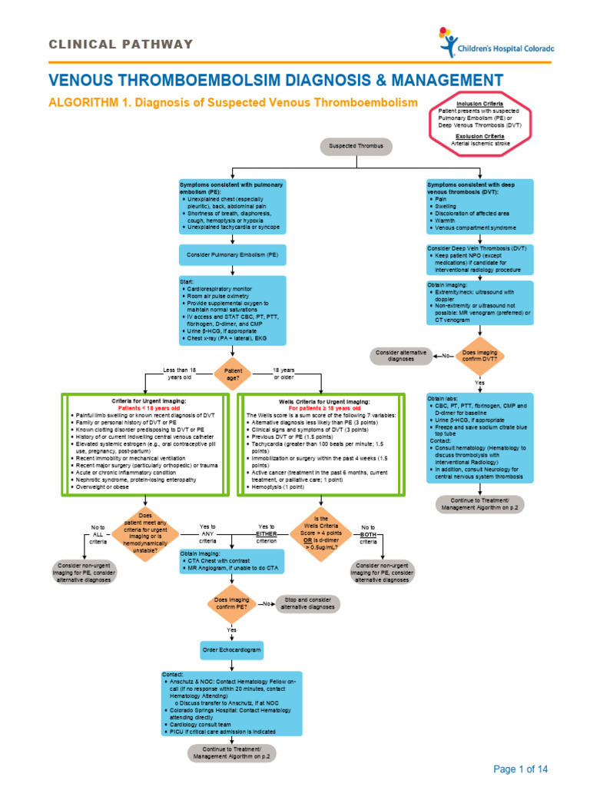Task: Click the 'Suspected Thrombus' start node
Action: (x=350, y=145)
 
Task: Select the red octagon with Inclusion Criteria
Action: (x=480, y=124)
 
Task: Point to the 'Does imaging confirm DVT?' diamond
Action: (x=479, y=355)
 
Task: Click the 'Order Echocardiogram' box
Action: (x=232, y=650)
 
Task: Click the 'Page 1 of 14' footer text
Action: (x=521, y=769)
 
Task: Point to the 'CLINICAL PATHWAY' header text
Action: (x=121, y=44)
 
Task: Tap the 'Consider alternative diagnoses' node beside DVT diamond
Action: (x=401, y=356)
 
